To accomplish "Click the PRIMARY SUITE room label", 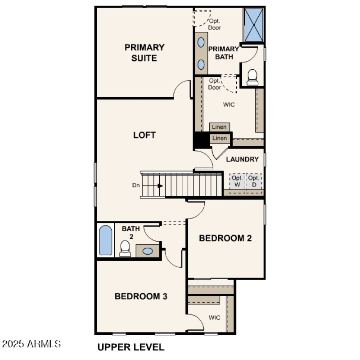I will [x=144, y=53].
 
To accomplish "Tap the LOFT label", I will [x=144, y=135].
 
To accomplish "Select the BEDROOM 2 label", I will [x=225, y=238].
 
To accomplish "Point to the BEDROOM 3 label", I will [x=141, y=296].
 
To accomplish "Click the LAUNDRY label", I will [x=242, y=159].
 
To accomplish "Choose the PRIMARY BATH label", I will [x=224, y=53].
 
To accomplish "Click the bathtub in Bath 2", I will [x=105, y=241].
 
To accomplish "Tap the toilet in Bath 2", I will [x=125, y=249].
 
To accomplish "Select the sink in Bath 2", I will [x=147, y=251].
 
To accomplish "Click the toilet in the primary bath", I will [x=252, y=77].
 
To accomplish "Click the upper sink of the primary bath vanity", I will [x=201, y=42].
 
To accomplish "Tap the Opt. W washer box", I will [x=237, y=181].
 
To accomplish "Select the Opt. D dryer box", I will [x=253, y=181].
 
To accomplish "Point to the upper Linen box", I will [x=220, y=127].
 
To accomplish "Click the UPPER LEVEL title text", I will [x=131, y=347].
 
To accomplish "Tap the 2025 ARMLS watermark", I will [x=31, y=344].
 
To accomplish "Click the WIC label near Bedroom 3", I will [x=214, y=318].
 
